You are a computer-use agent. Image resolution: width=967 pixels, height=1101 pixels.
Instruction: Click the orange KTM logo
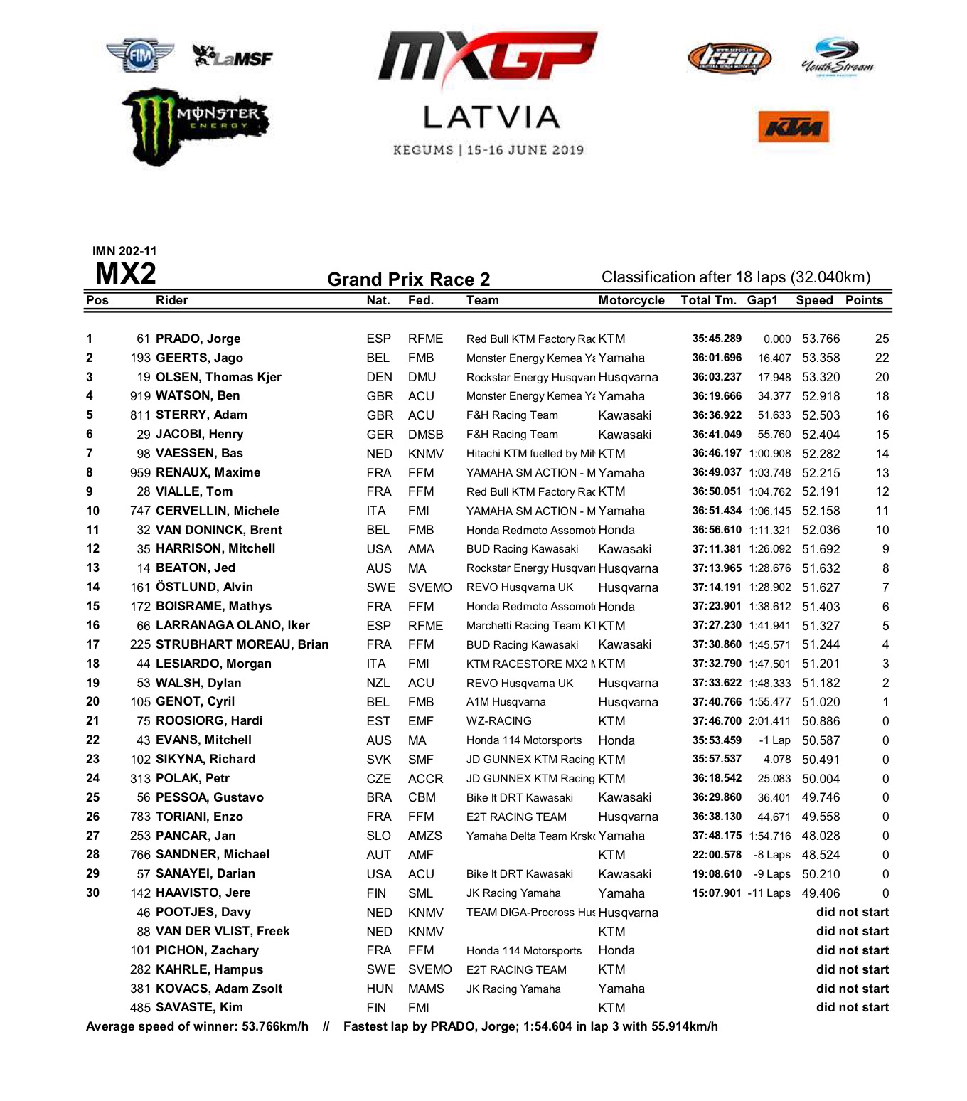(794, 127)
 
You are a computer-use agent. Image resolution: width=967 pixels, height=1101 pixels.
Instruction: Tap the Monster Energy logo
(196, 126)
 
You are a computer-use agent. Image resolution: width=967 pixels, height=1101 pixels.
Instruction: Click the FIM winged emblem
(140, 55)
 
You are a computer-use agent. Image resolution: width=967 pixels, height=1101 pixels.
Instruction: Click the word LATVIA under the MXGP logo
(491, 118)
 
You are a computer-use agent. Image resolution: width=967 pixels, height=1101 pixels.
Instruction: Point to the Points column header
(864, 300)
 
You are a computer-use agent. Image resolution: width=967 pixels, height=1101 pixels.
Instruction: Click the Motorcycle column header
(631, 300)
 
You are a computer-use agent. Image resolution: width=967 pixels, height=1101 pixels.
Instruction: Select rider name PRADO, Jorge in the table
(198, 339)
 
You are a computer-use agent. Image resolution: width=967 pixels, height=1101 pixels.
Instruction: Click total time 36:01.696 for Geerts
(717, 358)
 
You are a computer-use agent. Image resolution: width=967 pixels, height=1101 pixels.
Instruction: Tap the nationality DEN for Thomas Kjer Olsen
(379, 377)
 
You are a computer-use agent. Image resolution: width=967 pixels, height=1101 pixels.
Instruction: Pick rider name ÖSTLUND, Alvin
(204, 587)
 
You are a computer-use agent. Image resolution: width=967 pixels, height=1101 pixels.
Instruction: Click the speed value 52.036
(821, 530)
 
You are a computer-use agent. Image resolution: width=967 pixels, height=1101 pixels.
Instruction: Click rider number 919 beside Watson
(140, 396)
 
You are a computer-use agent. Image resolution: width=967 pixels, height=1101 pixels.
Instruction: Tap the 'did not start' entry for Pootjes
(852, 912)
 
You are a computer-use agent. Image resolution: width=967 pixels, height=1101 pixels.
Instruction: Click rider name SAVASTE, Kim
(199, 1007)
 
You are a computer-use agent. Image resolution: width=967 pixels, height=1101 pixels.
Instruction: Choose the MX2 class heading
(125, 274)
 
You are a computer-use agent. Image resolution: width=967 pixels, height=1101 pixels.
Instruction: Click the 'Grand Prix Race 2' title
(408, 279)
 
